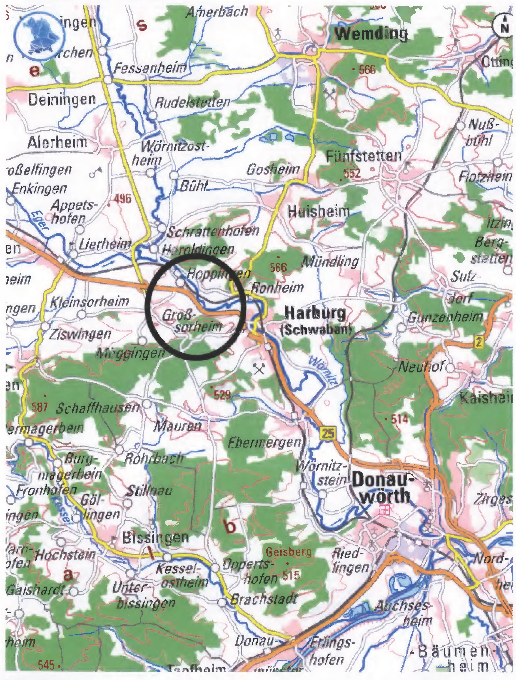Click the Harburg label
(x=315, y=313)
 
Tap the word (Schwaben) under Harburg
(x=316, y=329)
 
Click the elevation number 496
(x=122, y=199)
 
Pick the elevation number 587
(x=39, y=408)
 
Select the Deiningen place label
(x=62, y=99)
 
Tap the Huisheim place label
(x=319, y=212)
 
